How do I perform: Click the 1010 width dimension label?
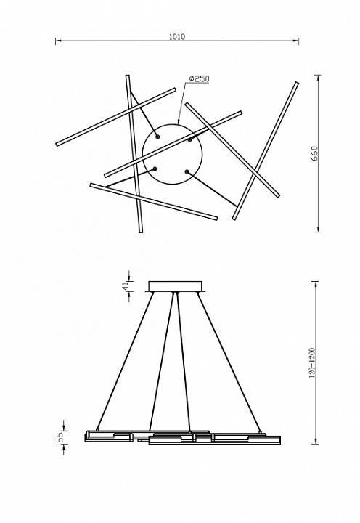(177, 37)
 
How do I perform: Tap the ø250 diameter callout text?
(199, 78)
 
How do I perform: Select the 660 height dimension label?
(315, 153)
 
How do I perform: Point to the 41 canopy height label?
(126, 286)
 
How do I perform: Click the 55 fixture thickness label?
(60, 437)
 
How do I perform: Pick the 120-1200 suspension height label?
(312, 363)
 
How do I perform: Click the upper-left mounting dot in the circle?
(157, 137)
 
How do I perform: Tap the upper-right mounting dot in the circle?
(189, 139)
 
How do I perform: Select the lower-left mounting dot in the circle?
(155, 169)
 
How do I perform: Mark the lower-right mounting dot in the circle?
(187, 171)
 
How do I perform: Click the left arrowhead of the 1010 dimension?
(58, 41)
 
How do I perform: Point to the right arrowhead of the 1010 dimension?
(295, 41)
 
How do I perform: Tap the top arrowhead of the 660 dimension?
(319, 78)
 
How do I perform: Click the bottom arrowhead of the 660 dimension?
(319, 229)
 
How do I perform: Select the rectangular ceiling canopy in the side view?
(176, 286)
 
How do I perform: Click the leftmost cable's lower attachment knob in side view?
(97, 429)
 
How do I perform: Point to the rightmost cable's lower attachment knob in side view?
(260, 432)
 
